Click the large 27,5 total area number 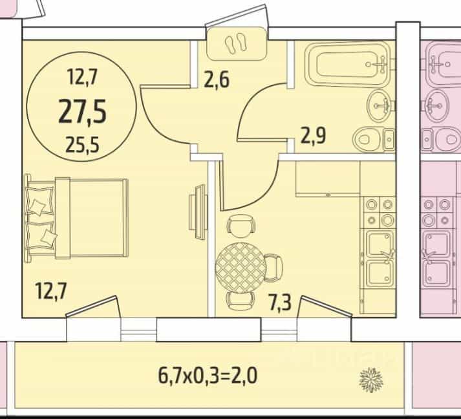click(x=82, y=112)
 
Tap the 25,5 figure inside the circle click(x=82, y=145)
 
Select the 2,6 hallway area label click(x=217, y=80)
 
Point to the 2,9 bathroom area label click(x=313, y=136)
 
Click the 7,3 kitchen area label click(x=280, y=303)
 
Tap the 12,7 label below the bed click(x=52, y=290)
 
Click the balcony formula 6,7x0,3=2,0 click(x=208, y=376)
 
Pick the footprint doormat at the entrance click(x=237, y=44)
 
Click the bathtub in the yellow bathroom click(x=347, y=64)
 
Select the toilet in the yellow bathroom click(x=373, y=139)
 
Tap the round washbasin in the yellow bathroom click(x=380, y=106)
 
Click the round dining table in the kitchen click(x=241, y=268)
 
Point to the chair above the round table click(x=241, y=225)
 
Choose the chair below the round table click(x=241, y=301)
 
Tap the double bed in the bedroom click(x=76, y=218)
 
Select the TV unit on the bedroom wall click(x=198, y=211)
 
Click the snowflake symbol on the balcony click(x=371, y=380)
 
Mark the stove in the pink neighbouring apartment click(x=436, y=212)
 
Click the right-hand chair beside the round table click(x=274, y=268)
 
